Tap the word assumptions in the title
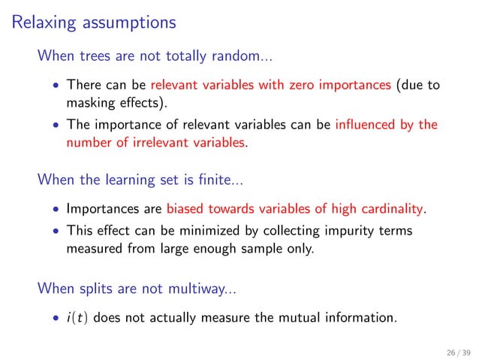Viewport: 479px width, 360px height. [125, 23]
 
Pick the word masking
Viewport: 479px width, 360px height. [88, 101]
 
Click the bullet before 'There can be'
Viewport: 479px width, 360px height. [56, 85]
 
